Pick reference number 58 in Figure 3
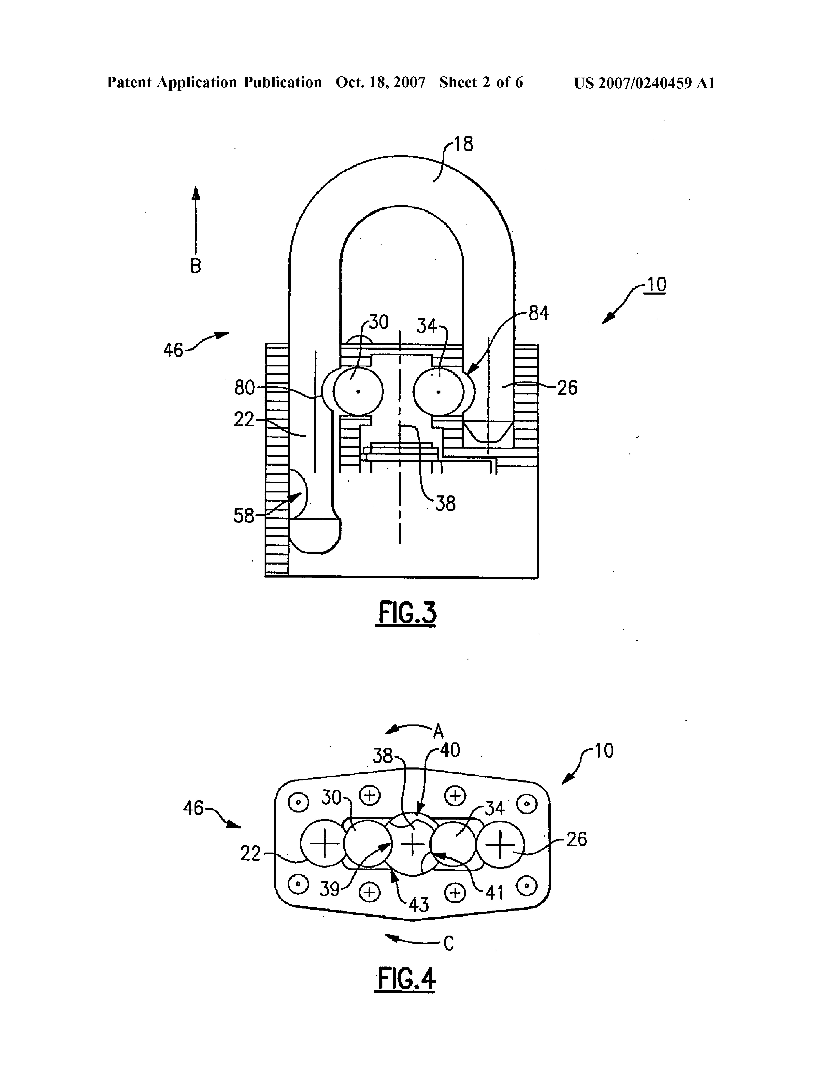tap(244, 516)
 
